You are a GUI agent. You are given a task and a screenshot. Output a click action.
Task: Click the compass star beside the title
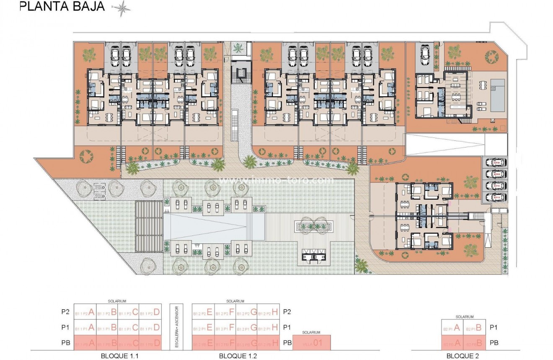pyautogui.click(x=122, y=8)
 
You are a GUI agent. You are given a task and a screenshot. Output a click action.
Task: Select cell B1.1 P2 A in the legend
pyautogui.click(x=85, y=312)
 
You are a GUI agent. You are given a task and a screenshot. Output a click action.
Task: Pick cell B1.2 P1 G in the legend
pyautogui.click(x=246, y=327)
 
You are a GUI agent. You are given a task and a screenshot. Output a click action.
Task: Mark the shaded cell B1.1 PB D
pyautogui.click(x=150, y=343)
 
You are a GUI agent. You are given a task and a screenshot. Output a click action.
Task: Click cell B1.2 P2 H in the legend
pyautogui.click(x=269, y=312)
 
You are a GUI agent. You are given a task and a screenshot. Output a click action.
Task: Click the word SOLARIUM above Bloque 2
pyautogui.click(x=464, y=317)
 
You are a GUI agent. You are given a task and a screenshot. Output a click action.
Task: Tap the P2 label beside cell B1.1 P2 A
pyautogui.click(x=65, y=312)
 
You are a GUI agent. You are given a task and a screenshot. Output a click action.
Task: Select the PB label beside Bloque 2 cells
pyautogui.click(x=495, y=343)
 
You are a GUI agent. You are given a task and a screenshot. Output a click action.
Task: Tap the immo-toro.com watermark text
pyautogui.click(x=277, y=181)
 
